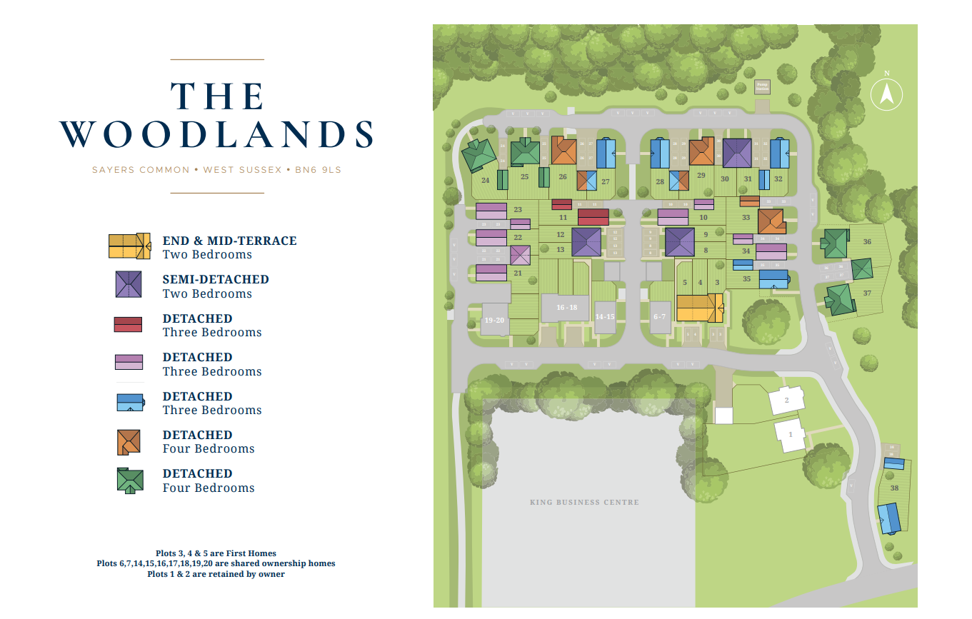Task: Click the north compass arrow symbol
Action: click(886, 94)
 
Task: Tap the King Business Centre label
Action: click(584, 502)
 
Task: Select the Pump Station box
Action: click(762, 87)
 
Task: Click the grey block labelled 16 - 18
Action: click(566, 307)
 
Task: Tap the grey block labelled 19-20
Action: click(494, 320)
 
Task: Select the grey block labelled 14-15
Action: click(605, 316)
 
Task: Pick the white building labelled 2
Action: click(786, 400)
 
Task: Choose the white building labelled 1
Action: click(791, 434)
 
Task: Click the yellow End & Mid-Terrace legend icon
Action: click(129, 246)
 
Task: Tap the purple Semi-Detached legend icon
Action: click(129, 284)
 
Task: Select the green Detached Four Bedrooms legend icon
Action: click(130, 480)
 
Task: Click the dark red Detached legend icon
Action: click(129, 324)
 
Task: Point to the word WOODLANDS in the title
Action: click(216, 134)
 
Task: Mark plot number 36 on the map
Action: click(867, 241)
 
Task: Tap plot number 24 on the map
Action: click(486, 181)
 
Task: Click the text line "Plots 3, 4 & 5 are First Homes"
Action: click(216, 553)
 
